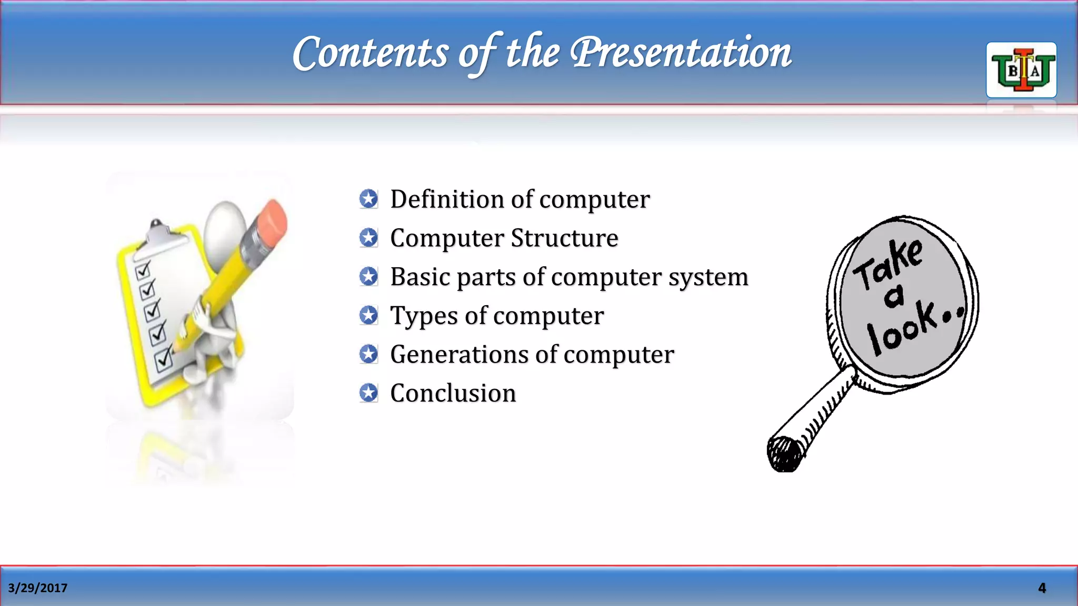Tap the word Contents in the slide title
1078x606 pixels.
[370, 54]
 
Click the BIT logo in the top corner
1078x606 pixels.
[1021, 70]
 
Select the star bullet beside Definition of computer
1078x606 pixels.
[368, 199]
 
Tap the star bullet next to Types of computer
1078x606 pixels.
[368, 316]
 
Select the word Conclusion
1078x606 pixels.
[453, 393]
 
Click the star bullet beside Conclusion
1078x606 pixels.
[368, 393]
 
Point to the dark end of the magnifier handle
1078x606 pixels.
[784, 453]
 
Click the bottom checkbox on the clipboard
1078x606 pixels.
[163, 360]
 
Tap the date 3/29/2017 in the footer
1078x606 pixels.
[38, 588]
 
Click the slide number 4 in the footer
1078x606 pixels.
[1042, 588]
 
